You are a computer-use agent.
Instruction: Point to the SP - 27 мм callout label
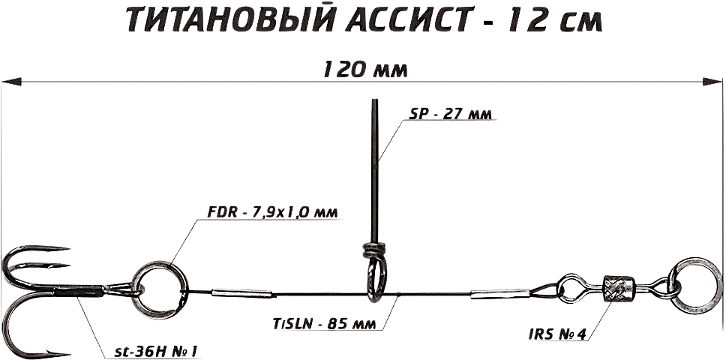tap(454, 114)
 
